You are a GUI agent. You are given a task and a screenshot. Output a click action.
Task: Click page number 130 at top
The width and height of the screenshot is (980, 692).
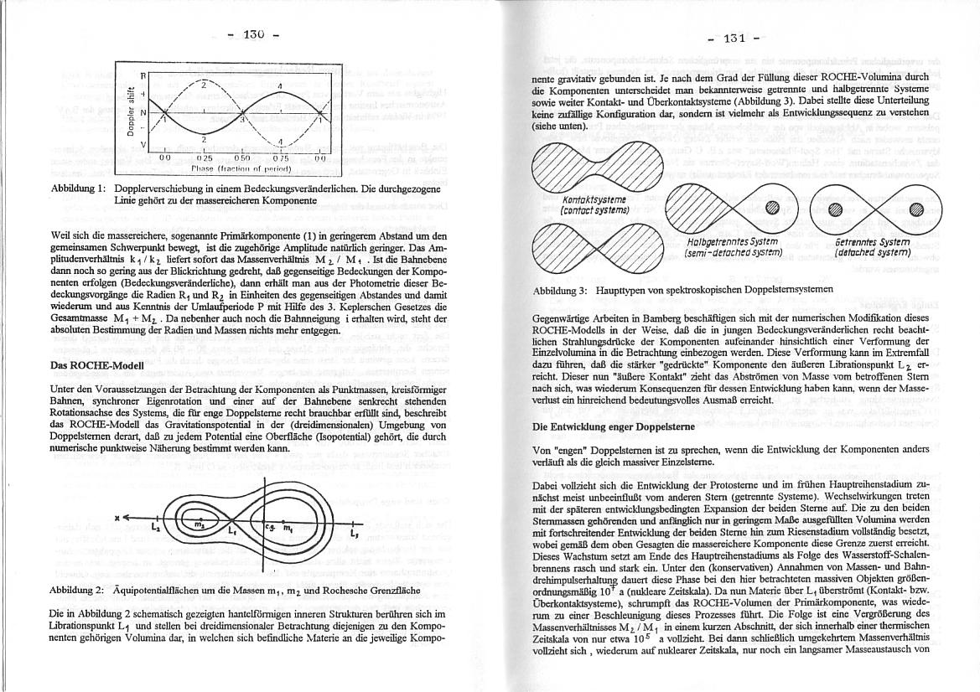(253, 34)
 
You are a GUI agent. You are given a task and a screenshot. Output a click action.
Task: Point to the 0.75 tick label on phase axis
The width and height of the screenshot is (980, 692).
(280, 157)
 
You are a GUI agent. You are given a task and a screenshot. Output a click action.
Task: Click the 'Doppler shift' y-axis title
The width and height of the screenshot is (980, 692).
(132, 111)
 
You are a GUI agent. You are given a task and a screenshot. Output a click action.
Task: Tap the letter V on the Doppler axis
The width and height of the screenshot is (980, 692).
(143, 145)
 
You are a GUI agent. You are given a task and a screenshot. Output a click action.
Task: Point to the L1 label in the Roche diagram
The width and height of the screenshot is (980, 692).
(231, 529)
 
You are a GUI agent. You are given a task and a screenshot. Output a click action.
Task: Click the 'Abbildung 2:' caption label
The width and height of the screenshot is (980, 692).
(77, 591)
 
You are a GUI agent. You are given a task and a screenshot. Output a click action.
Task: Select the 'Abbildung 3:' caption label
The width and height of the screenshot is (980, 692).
(560, 290)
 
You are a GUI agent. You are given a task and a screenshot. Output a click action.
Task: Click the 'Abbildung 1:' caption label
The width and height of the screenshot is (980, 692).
(77, 188)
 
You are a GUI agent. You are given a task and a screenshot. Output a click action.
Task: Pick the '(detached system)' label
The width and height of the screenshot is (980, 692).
(872, 251)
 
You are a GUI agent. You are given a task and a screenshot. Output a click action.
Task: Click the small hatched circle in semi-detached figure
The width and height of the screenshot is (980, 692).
(771, 209)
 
